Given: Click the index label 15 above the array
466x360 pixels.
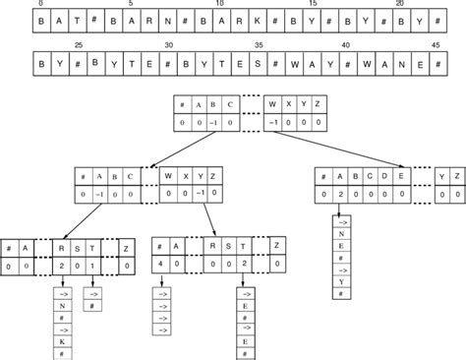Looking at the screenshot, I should tap(313, 5).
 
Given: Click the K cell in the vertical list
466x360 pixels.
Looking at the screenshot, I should tap(60, 341).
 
